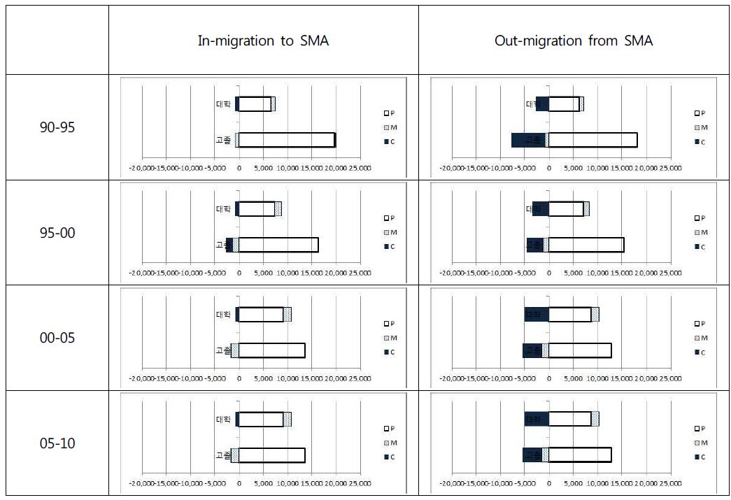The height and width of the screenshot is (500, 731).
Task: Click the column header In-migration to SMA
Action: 263,41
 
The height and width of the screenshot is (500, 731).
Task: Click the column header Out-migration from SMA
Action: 574,41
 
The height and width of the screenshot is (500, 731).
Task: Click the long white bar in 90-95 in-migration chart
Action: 287,140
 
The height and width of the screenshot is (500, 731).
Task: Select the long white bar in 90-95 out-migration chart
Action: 592,140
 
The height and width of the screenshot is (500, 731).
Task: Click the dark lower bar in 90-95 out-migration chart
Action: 528,140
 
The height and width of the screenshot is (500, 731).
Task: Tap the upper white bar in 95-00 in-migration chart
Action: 256,208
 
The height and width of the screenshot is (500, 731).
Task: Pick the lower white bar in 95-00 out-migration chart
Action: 586,245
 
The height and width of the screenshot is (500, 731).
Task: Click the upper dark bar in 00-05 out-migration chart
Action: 536,315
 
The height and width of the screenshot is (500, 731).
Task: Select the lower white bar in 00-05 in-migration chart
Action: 271,350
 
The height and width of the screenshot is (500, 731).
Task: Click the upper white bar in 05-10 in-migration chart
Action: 261,419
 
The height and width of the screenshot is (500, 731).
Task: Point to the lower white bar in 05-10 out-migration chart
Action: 580,455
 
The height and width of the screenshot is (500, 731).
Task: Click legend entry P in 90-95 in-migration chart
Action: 390,113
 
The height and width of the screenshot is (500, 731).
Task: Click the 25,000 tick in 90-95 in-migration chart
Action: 360,168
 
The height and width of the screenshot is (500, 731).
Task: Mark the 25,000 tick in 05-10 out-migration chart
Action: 671,484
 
